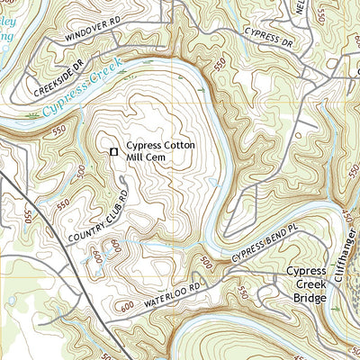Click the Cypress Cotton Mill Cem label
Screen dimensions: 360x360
(160, 151)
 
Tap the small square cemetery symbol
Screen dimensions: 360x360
(113, 152)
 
